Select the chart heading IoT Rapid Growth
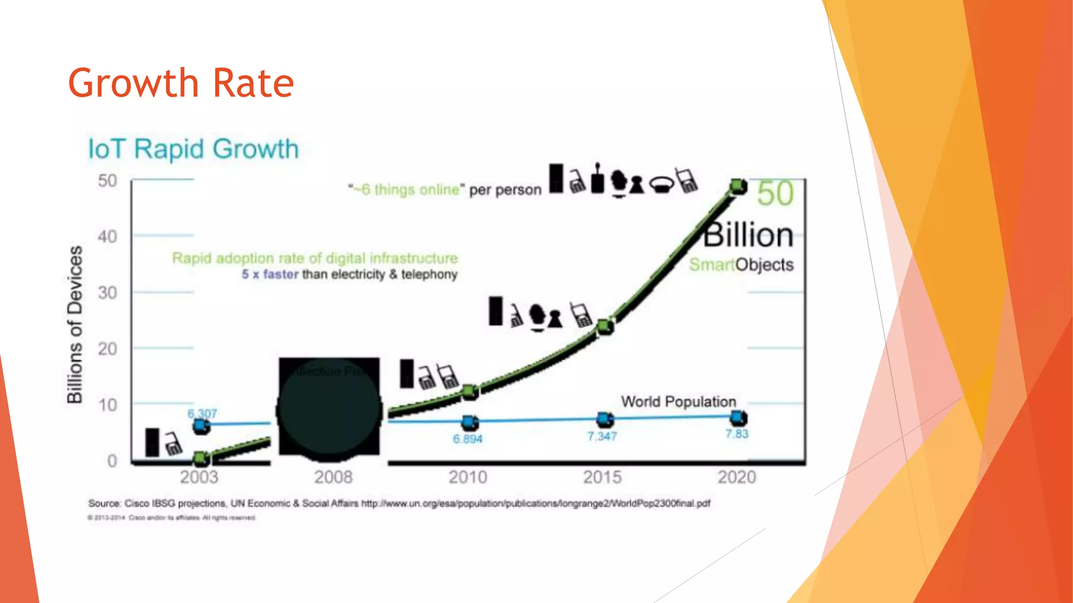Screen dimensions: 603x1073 [x=193, y=149]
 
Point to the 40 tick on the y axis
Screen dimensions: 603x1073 [x=107, y=237]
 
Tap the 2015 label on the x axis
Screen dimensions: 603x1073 [x=603, y=477]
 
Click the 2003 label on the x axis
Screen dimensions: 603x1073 [x=199, y=477]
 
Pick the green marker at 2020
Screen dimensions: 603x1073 [x=738, y=186]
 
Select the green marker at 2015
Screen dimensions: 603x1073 [x=605, y=327]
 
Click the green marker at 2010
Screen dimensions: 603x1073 [x=470, y=391]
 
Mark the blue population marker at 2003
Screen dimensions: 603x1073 [x=201, y=426]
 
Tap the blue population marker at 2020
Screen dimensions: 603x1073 [x=738, y=417]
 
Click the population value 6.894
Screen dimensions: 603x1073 [x=467, y=439]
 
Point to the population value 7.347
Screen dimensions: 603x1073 [x=601, y=436]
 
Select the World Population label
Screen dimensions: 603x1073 [x=678, y=401]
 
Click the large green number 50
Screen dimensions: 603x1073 [x=775, y=193]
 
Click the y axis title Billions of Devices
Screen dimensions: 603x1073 [x=75, y=324]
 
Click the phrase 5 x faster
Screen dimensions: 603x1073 [x=270, y=274]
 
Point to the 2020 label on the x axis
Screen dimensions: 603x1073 [x=737, y=477]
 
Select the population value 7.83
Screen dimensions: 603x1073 [x=737, y=433]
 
